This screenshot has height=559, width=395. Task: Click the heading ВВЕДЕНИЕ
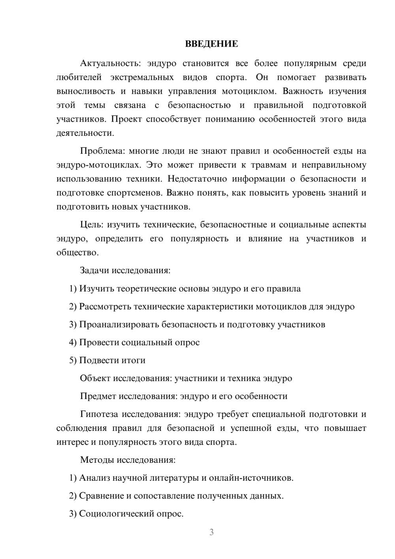pos(211,44)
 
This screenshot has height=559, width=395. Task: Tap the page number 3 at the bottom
pos(211,532)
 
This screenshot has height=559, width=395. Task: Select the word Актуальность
pos(109,63)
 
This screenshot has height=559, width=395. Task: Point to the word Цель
pos(91,225)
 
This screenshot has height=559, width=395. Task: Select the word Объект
pos(95,378)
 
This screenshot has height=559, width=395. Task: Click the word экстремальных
pos(142,77)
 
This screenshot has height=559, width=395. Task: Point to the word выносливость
pos(85,91)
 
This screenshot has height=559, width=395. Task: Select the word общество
pos(77,253)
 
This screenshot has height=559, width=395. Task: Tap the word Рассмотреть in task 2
pos(105,307)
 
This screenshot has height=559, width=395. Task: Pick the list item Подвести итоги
pos(112,361)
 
